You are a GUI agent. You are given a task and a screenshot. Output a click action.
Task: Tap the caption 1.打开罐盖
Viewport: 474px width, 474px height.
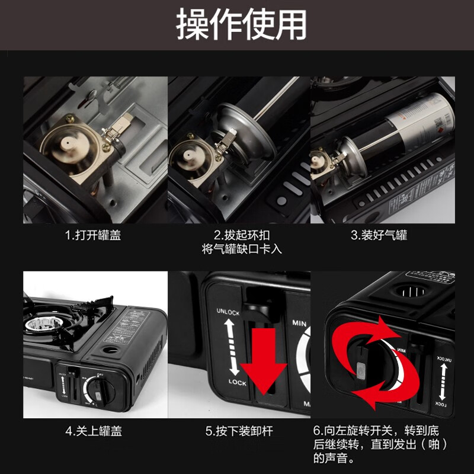point(93,235)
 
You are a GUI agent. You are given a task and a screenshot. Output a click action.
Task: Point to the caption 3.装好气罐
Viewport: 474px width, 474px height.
point(379,235)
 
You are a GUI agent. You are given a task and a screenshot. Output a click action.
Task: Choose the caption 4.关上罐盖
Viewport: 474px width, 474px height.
point(93,431)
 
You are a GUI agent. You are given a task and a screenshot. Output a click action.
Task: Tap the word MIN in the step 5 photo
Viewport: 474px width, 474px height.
point(299,324)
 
